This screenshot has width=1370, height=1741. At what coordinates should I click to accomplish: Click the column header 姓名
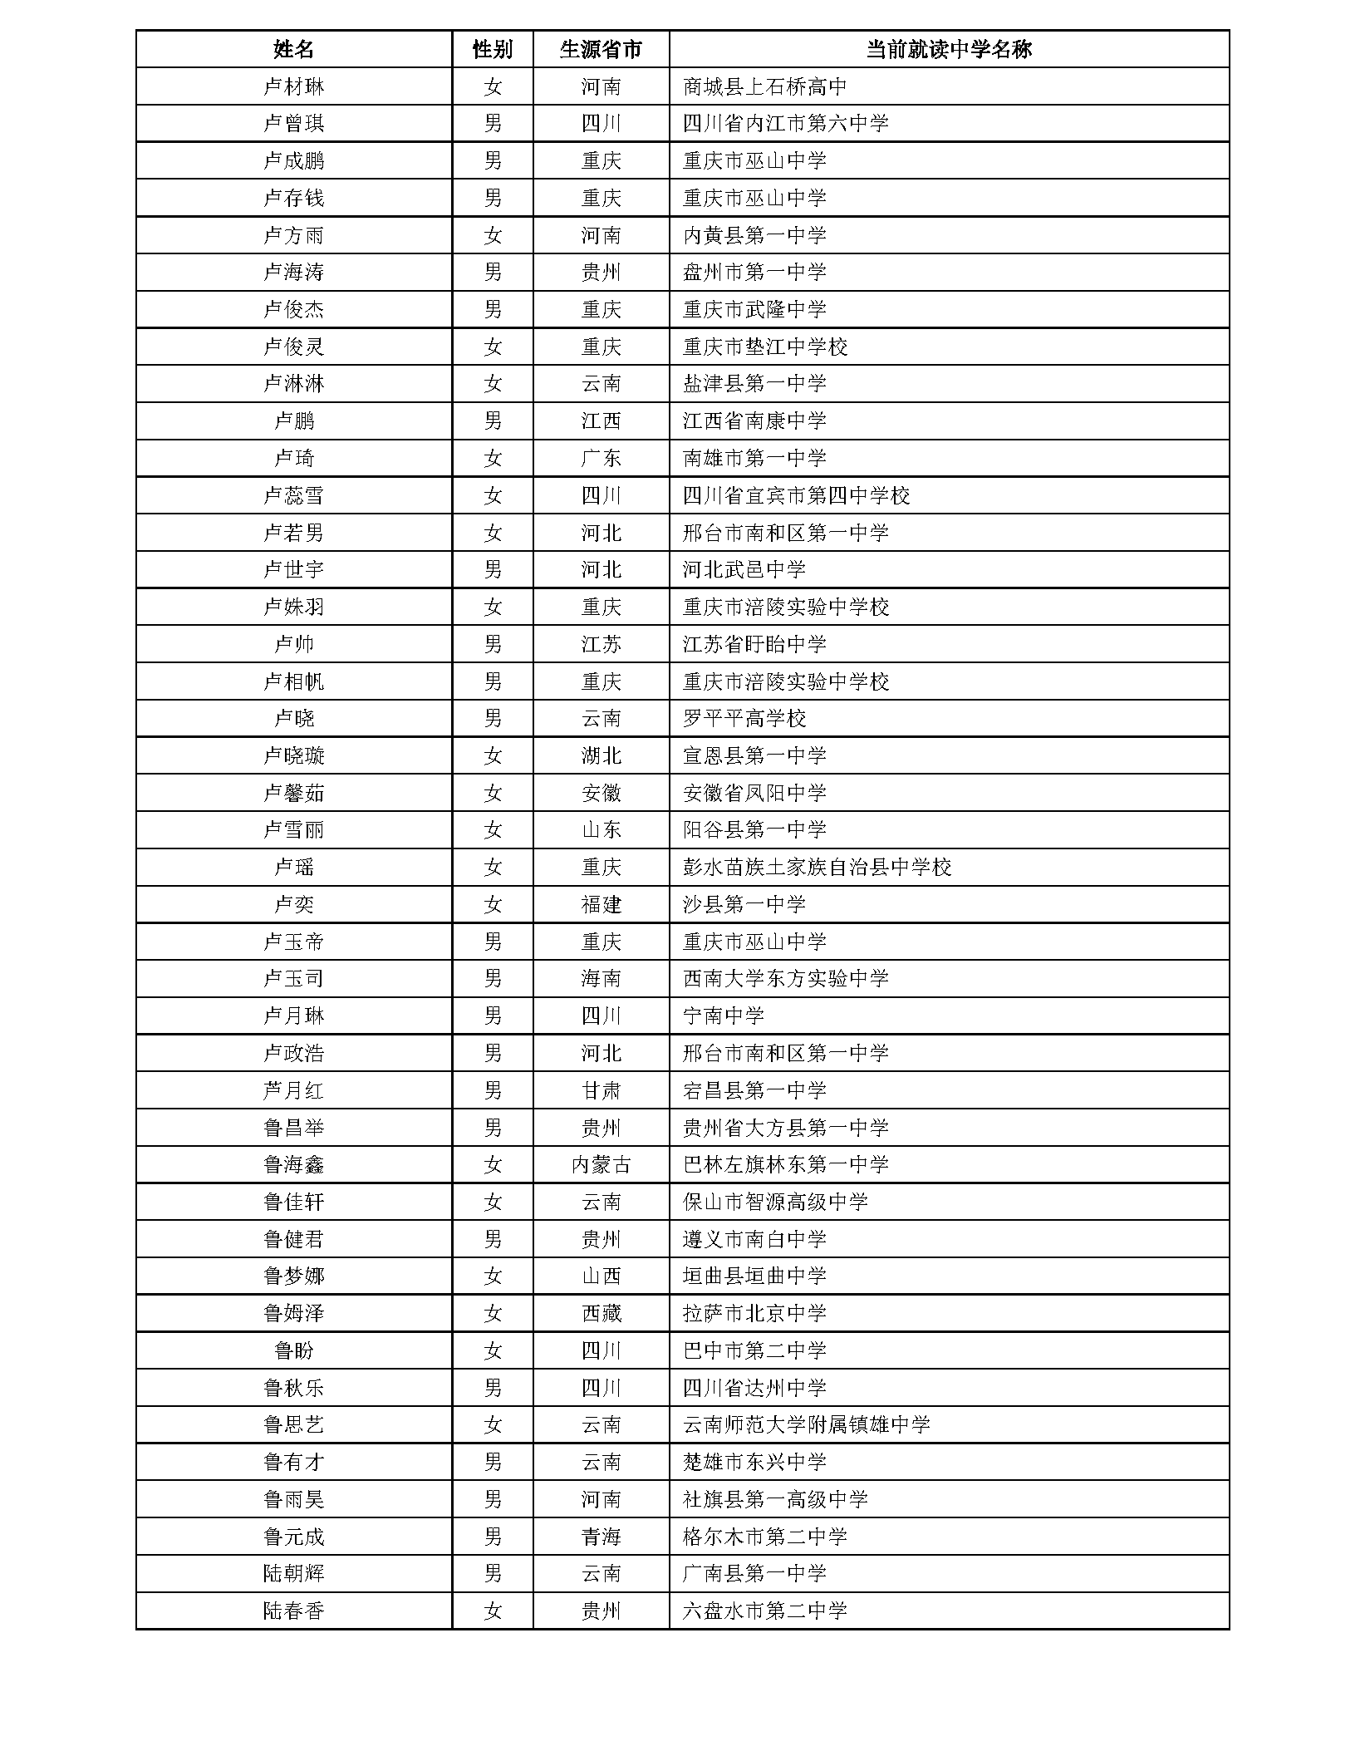tap(293, 49)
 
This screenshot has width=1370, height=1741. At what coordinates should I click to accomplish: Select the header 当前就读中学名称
tap(948, 49)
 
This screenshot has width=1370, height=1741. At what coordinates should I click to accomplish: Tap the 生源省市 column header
tap(601, 49)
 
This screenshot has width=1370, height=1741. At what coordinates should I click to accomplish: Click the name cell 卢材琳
tap(293, 86)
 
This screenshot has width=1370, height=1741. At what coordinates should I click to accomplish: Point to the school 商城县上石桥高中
tap(764, 86)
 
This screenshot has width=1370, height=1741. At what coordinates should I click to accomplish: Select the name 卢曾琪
tap(293, 124)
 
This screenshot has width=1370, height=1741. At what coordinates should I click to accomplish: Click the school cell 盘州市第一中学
tap(754, 273)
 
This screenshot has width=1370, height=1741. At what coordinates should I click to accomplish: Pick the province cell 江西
tap(601, 421)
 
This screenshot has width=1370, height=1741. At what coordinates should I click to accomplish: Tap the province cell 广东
tap(601, 459)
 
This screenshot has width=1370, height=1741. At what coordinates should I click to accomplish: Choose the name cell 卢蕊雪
tap(293, 496)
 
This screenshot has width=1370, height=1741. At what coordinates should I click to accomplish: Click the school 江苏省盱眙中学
tap(754, 645)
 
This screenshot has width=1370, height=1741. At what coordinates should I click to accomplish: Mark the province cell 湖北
tap(601, 756)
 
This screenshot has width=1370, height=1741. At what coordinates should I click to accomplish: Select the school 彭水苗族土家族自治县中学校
tap(817, 868)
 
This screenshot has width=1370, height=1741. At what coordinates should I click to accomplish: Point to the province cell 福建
tap(601, 905)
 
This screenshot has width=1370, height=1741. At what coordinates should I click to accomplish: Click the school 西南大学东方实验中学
tap(785, 979)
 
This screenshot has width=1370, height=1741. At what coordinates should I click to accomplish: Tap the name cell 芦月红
tap(293, 1090)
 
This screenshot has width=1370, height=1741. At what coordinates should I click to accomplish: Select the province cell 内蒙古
tap(601, 1165)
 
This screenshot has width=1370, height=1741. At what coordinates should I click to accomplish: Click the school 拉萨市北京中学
tap(754, 1314)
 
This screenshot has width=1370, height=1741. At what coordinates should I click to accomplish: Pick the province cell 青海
tap(601, 1537)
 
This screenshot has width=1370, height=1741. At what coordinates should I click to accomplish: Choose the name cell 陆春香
tap(293, 1611)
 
